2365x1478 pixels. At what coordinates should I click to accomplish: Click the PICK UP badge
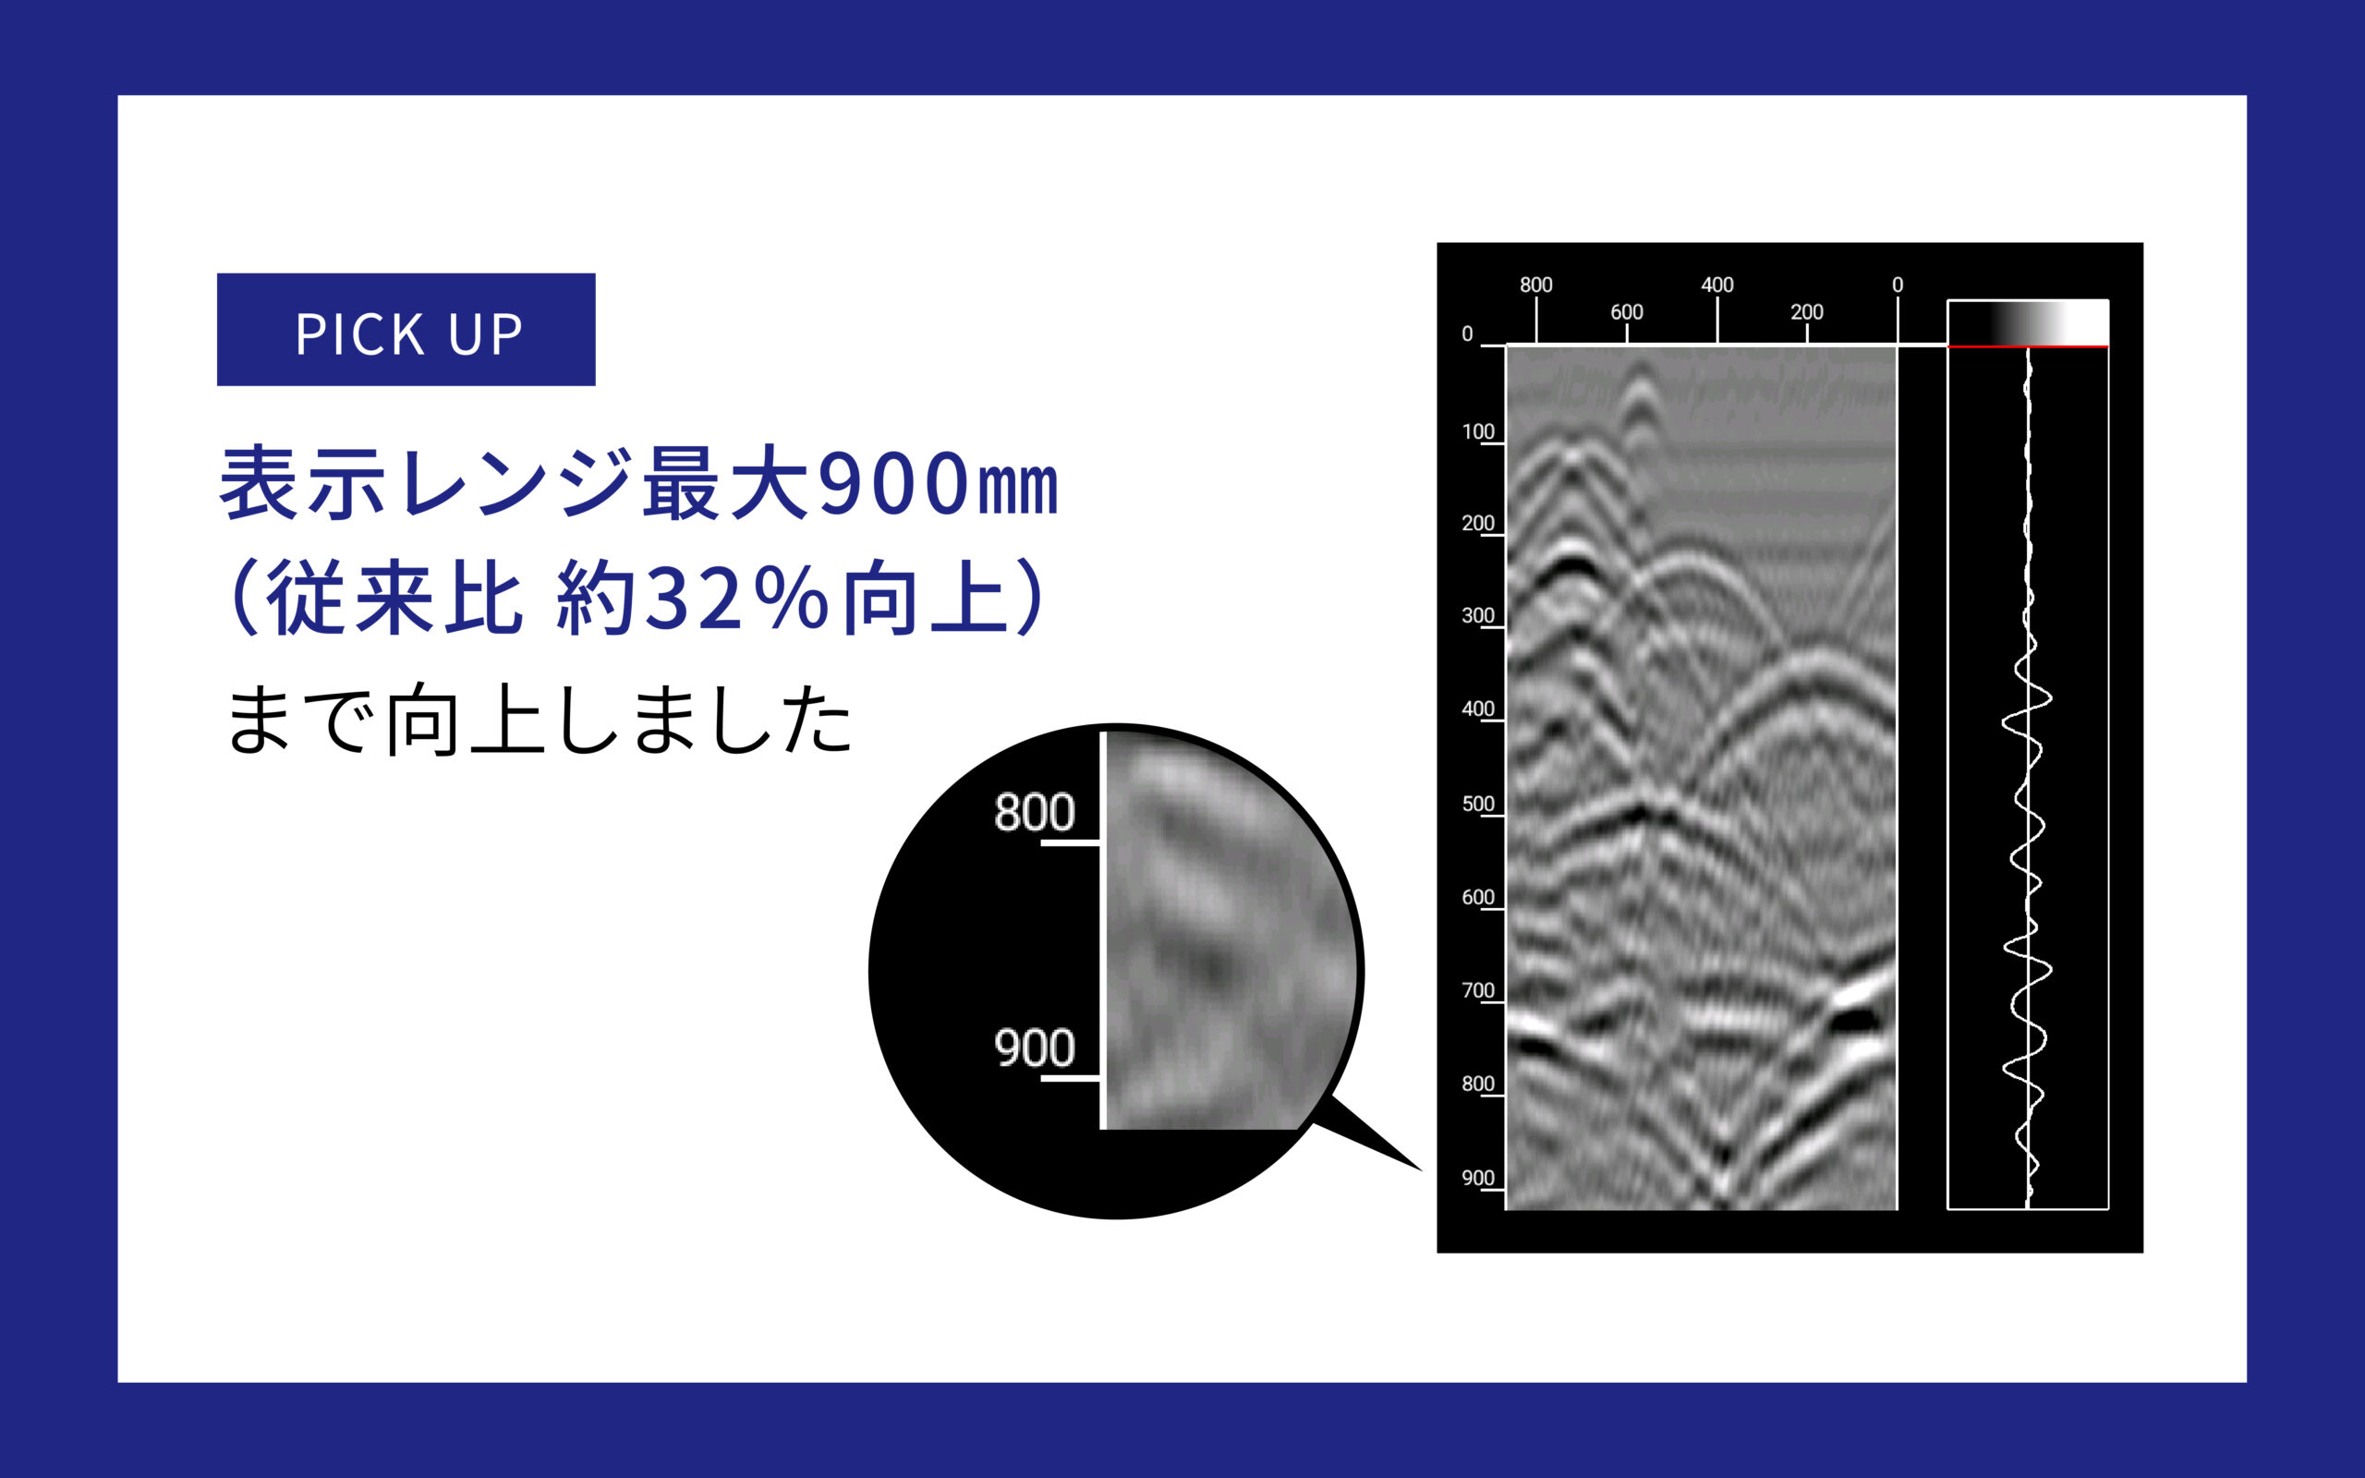point(406,330)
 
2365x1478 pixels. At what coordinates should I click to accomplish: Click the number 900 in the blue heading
point(893,484)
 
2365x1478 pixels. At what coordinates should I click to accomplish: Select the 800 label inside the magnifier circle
point(1034,812)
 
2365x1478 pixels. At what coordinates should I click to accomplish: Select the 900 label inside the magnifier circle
point(1034,1048)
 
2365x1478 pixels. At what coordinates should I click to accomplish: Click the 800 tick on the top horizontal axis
point(1536,285)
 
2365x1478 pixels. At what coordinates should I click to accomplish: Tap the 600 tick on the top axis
point(1627,312)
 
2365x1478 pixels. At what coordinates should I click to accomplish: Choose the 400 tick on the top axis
point(1717,285)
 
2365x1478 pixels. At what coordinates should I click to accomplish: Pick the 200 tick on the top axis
point(1807,312)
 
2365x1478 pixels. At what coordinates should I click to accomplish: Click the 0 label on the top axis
point(1898,285)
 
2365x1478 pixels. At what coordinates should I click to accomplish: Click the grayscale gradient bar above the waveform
point(2028,321)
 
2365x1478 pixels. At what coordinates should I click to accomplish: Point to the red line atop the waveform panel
point(2028,346)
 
